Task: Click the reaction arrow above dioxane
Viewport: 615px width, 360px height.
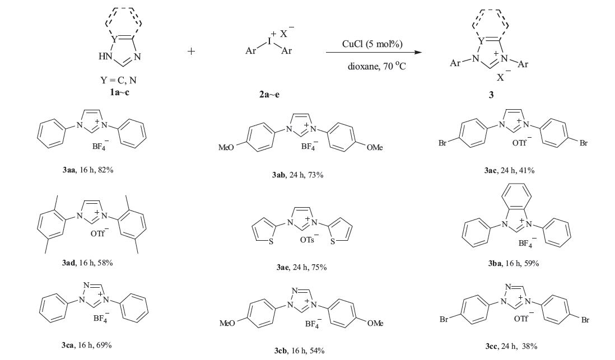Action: [374, 53]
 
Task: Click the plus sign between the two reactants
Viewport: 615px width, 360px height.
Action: [192, 51]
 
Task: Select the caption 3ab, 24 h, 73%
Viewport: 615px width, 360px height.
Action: [295, 175]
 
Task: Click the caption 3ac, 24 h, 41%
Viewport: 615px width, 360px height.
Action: [502, 170]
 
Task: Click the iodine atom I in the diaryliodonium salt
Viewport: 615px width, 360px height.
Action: [268, 41]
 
